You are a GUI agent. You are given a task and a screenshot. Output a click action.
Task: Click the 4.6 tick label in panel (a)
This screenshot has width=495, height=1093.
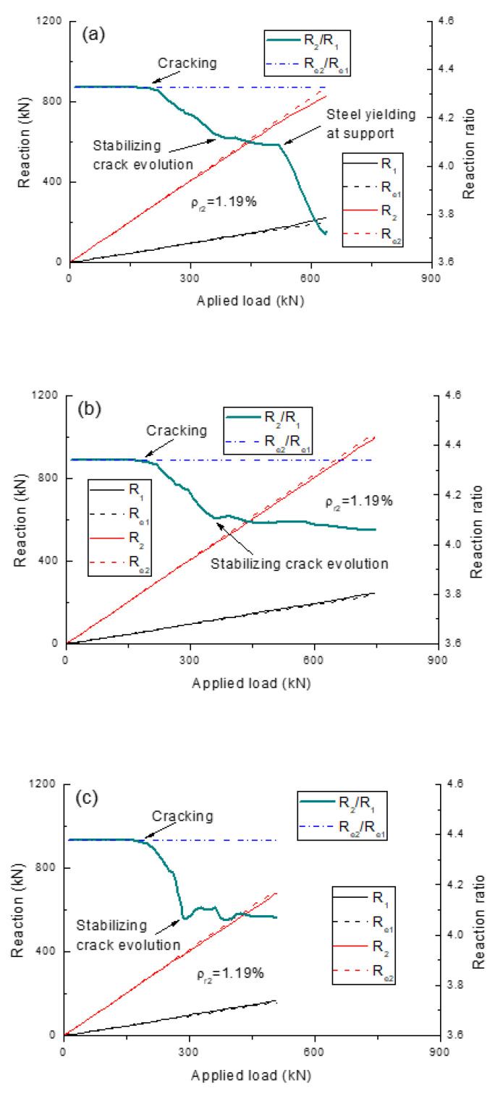coord(457,22)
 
